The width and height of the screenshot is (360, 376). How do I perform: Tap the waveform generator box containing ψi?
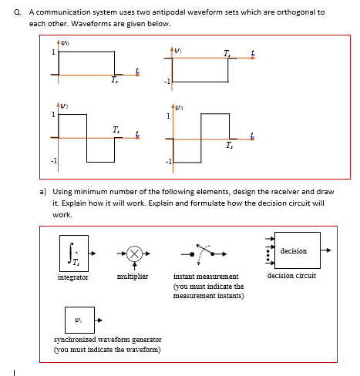pyautogui.click(x=79, y=319)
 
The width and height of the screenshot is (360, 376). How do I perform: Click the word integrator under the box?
pyautogui.click(x=73, y=275)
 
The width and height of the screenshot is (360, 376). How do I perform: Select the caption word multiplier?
pyautogui.click(x=132, y=275)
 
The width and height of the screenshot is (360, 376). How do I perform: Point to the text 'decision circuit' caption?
pyautogui.click(x=291, y=275)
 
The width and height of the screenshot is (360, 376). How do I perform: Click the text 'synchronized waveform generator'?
pyautogui.click(x=107, y=340)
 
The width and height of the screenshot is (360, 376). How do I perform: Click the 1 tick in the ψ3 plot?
pyautogui.click(x=164, y=116)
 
